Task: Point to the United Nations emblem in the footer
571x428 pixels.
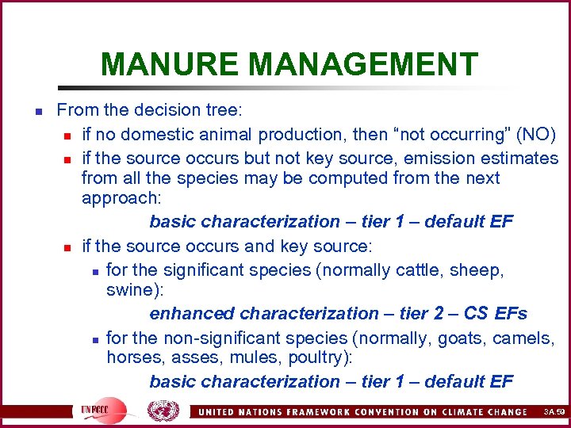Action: (163, 411)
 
